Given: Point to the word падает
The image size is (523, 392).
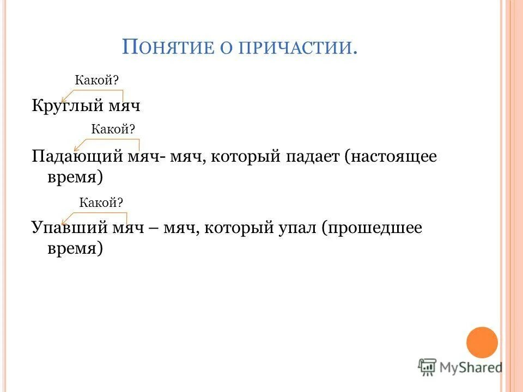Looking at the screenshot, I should point(309,158).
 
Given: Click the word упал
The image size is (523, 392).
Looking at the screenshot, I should point(296,228).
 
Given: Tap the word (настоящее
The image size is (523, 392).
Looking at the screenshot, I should point(391,158).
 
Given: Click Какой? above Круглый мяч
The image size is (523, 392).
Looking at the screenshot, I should point(97,79).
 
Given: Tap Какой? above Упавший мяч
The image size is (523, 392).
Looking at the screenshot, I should point(101,203).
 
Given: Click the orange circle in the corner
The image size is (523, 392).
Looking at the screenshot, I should point(482,342).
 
